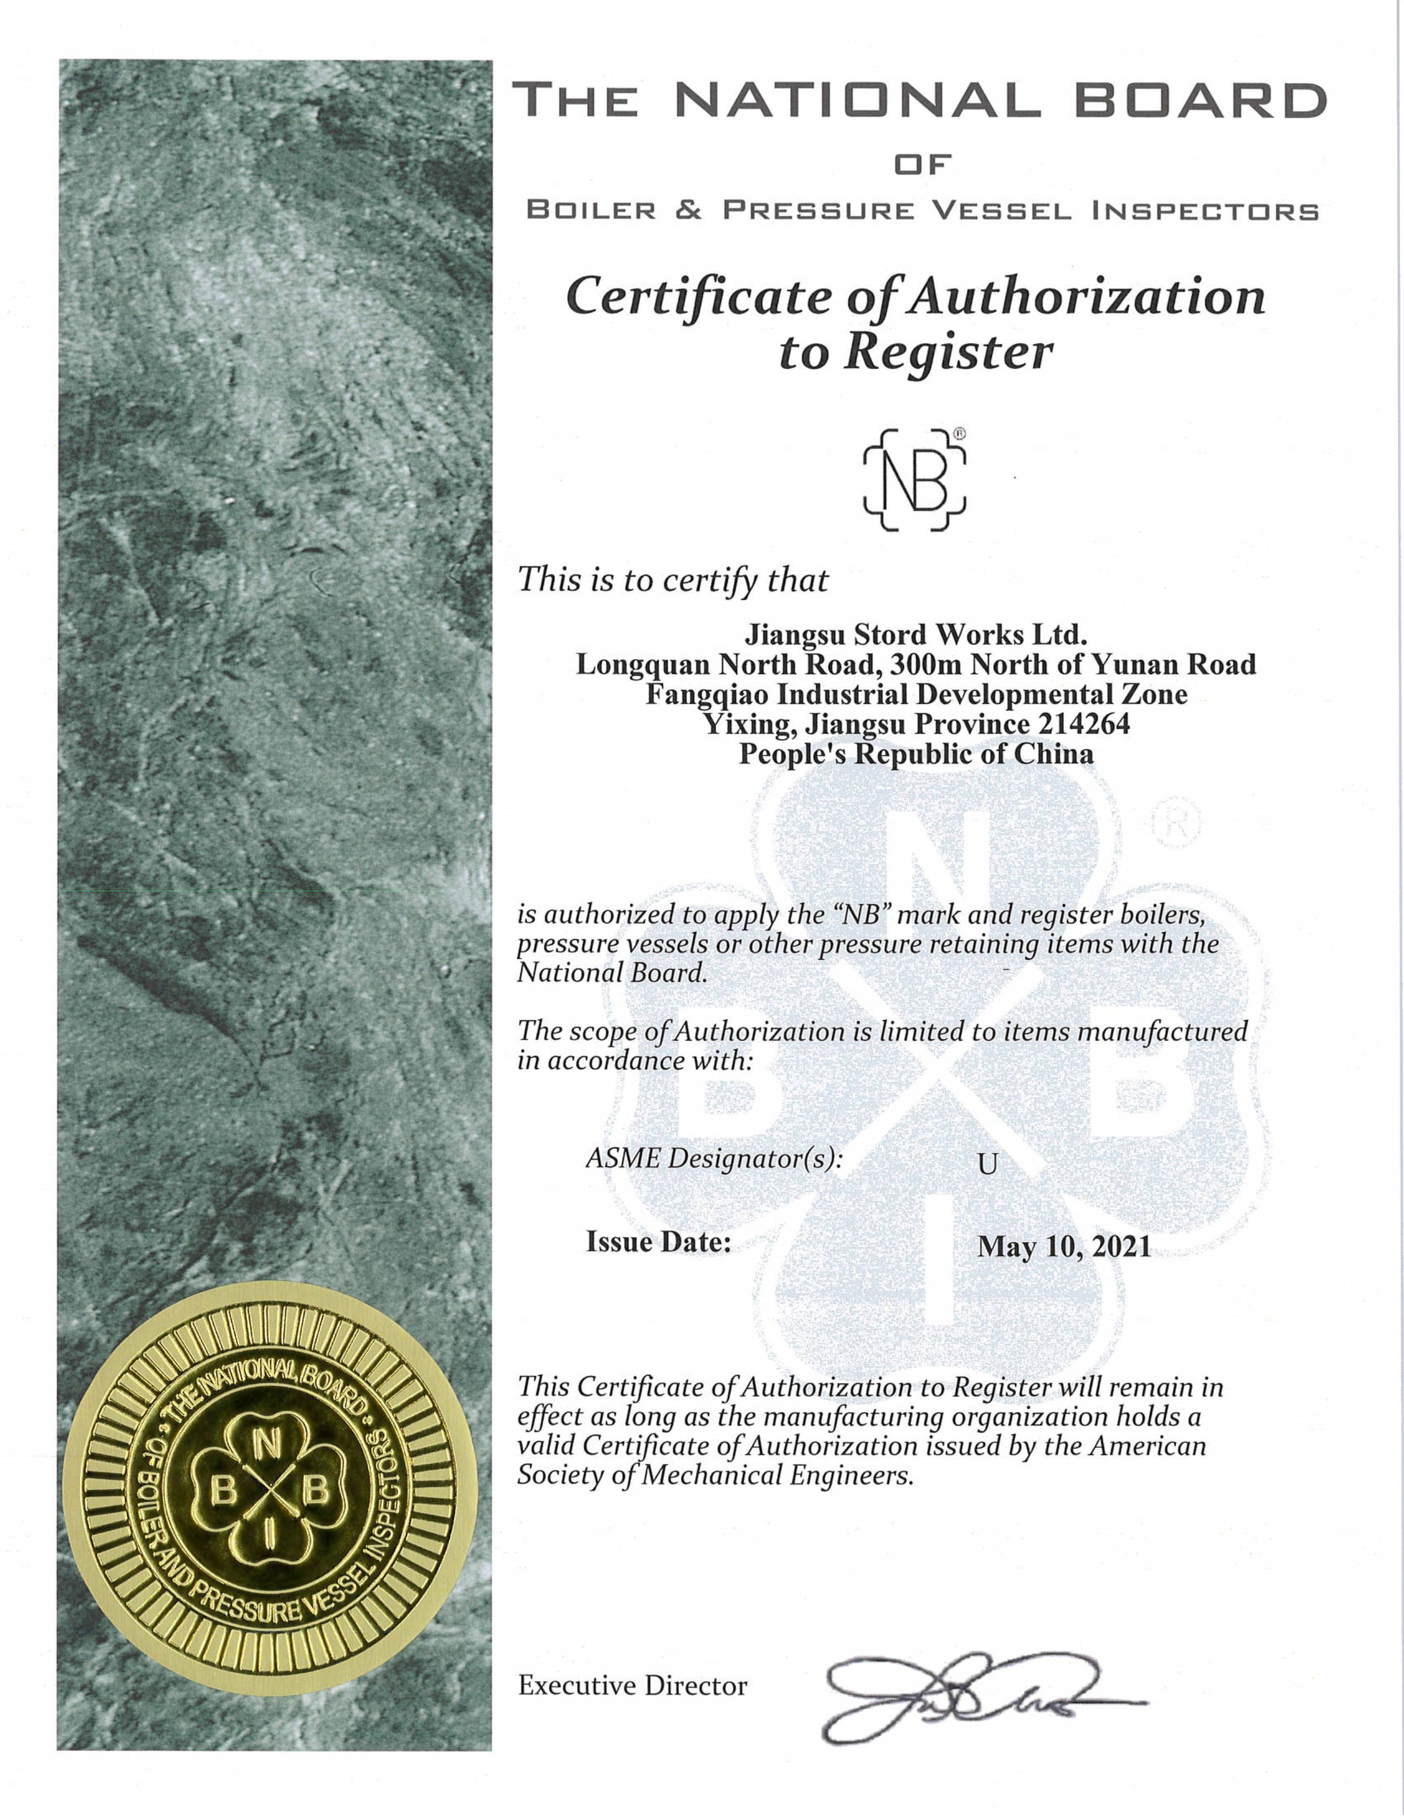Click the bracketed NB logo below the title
click(x=914, y=480)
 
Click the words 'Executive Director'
click(x=632, y=1686)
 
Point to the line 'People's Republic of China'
click(x=916, y=754)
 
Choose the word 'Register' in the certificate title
click(x=948, y=353)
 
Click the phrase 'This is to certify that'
click(x=673, y=579)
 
